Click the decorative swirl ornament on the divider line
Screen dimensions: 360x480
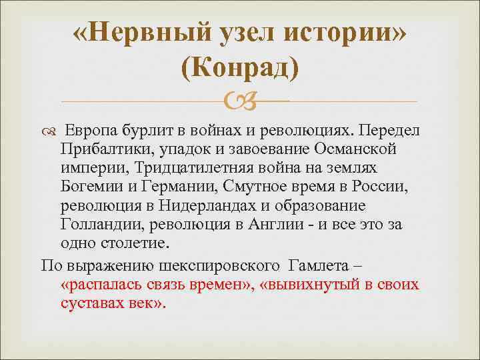(x=239, y=101)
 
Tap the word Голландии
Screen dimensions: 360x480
(x=100, y=224)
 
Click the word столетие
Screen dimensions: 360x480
(x=135, y=243)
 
